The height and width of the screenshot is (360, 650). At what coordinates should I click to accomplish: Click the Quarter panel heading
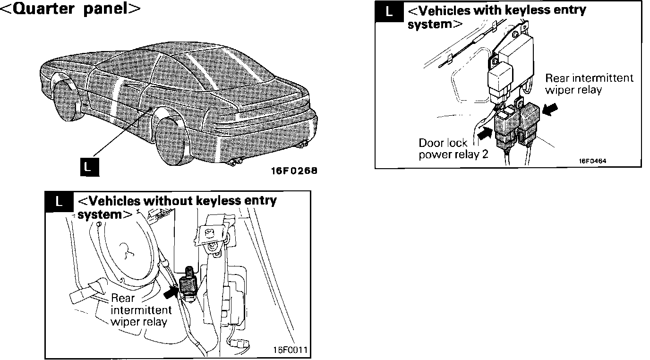click(71, 10)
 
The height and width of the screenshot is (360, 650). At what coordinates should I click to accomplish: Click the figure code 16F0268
click(294, 171)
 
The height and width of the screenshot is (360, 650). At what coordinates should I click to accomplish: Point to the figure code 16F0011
click(290, 350)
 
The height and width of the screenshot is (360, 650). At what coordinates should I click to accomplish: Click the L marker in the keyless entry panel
click(389, 13)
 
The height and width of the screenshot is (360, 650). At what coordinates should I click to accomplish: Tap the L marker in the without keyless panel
click(59, 201)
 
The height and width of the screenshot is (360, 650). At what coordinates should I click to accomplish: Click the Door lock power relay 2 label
click(453, 149)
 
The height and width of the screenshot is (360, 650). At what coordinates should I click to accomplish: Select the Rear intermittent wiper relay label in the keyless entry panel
click(588, 84)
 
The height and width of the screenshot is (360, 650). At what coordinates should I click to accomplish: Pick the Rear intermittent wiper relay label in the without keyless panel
click(140, 310)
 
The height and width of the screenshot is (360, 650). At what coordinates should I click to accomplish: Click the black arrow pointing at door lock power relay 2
click(484, 134)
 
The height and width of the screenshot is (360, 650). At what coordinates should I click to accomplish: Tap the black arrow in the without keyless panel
click(170, 293)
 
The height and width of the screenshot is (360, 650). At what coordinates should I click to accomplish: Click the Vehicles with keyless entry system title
click(496, 17)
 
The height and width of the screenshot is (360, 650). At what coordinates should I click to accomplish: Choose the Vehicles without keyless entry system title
click(176, 206)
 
